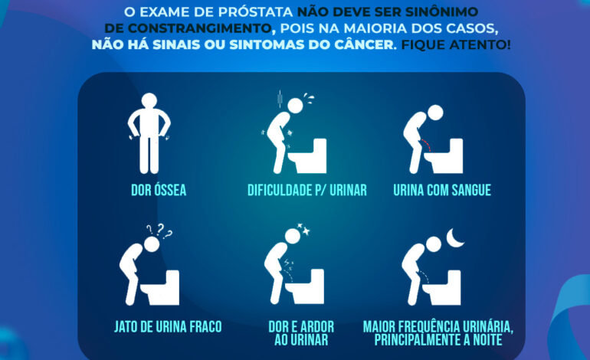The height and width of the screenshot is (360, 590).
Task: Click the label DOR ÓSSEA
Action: pos(157,190)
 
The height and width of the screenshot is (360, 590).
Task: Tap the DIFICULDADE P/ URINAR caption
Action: pos(306,190)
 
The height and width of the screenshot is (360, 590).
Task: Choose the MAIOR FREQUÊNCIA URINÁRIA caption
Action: pos(438,332)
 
